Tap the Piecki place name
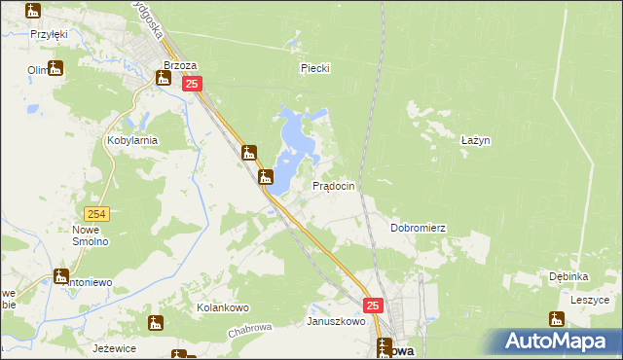(x=315, y=68)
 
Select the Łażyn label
(x=474, y=140)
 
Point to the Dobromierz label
(x=418, y=228)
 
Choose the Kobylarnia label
(x=132, y=140)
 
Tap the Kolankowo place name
(x=218, y=308)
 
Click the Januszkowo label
(x=336, y=321)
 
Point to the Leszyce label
(x=590, y=301)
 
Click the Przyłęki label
(x=48, y=33)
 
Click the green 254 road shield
(x=96, y=214)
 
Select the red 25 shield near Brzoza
(x=192, y=85)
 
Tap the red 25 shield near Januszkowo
(x=375, y=306)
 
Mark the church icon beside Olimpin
(x=56, y=68)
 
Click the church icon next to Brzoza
(x=163, y=78)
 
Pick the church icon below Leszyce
(x=557, y=319)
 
